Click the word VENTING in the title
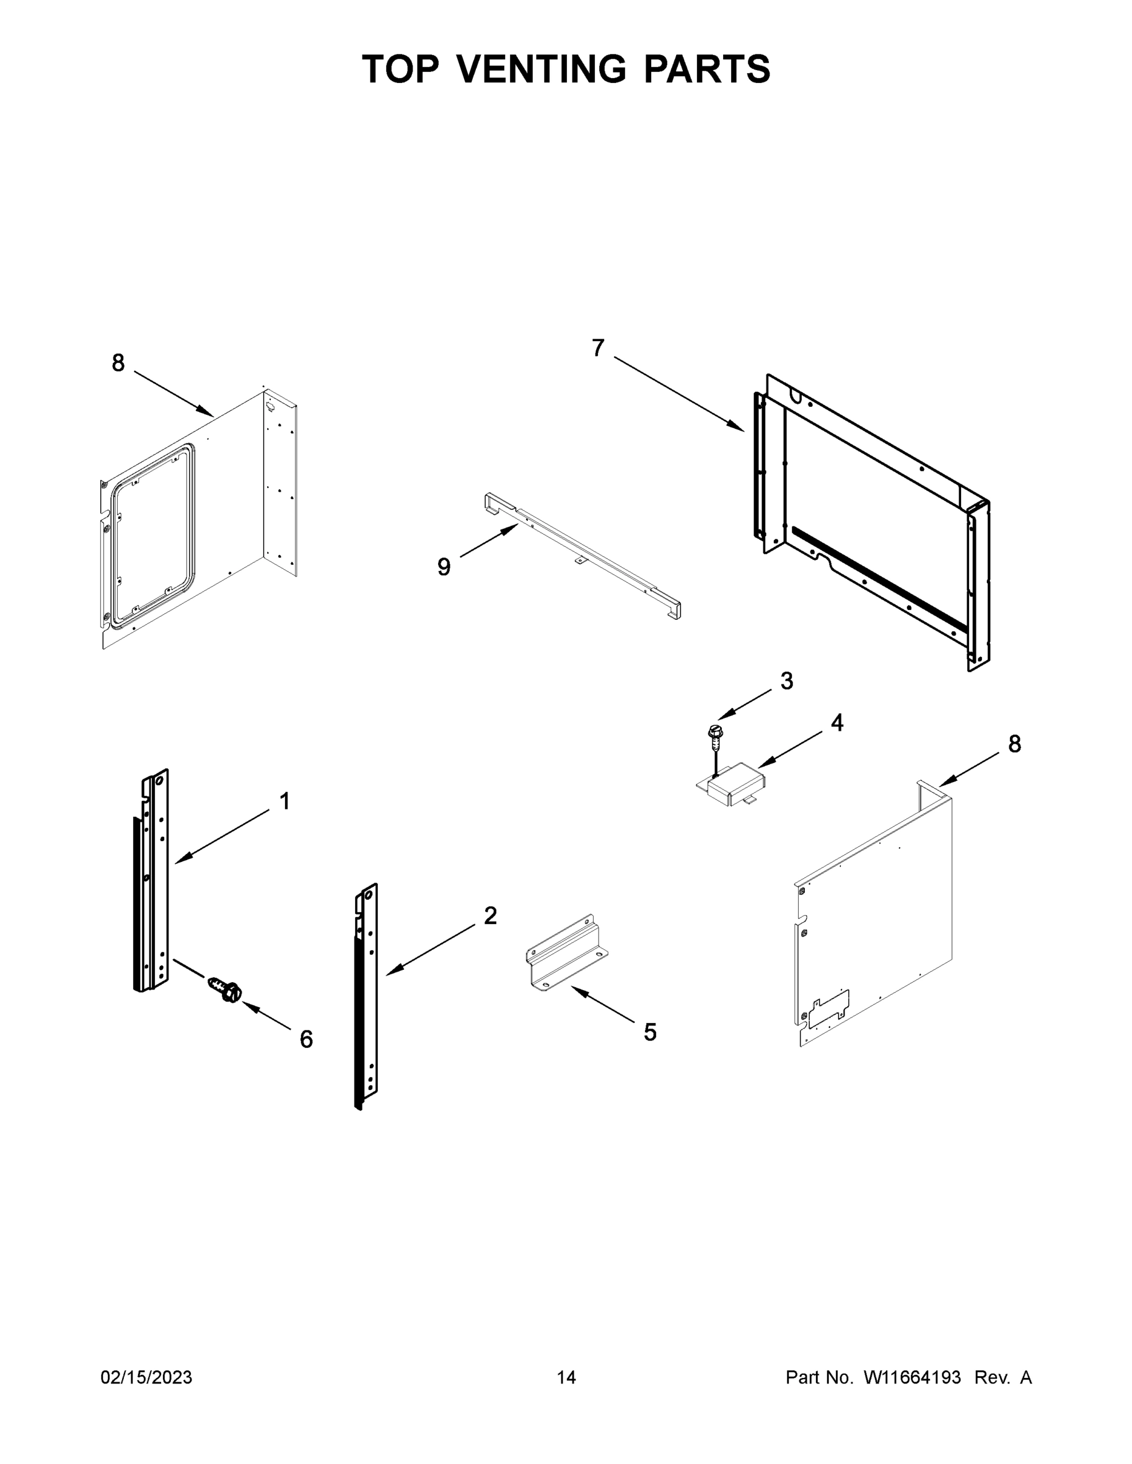tap(542, 69)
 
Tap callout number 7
tap(597, 348)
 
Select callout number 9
tap(444, 567)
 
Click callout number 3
tap(787, 681)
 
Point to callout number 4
tap(837, 723)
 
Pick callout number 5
tap(650, 1032)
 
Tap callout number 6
tap(306, 1039)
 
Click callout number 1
tap(284, 801)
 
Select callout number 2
tap(490, 916)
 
